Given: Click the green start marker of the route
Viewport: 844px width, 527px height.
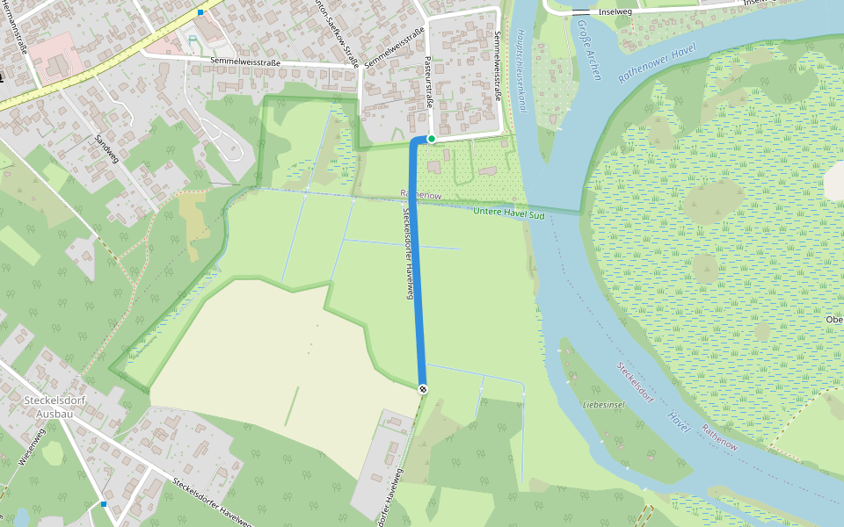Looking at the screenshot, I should pos(432,139).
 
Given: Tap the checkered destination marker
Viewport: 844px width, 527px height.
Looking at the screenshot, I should pos(424,389).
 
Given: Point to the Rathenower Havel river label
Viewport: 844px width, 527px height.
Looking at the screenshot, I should pos(658,61).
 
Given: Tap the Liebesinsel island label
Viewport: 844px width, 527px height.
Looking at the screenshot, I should pos(603,405).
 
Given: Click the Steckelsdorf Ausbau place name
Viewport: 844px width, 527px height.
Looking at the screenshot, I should pos(53,406).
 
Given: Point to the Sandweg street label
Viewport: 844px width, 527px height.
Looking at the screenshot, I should pos(105,150).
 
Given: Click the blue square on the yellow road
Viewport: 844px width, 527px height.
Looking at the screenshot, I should pos(200,12).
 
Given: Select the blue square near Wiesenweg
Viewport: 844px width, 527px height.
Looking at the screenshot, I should pos(104,504).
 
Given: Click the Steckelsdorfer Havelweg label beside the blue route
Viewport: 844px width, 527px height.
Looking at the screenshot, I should pos(408,254).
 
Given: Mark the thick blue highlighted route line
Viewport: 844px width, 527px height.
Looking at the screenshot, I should pos(417,263).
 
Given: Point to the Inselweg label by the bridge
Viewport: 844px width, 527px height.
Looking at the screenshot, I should pos(615,12).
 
